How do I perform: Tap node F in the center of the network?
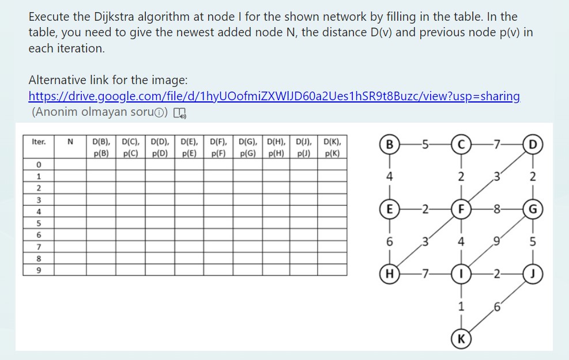click(x=461, y=207)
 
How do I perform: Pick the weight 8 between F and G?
click(x=496, y=207)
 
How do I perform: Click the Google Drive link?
click(x=274, y=96)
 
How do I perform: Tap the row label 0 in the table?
click(x=39, y=165)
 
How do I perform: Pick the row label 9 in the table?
click(x=39, y=269)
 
